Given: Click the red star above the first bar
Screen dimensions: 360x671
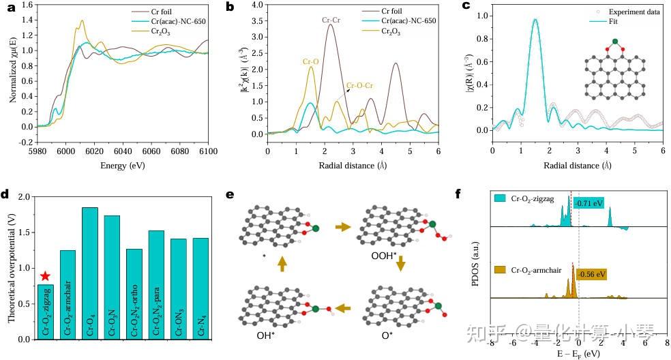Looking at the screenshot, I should (44, 275).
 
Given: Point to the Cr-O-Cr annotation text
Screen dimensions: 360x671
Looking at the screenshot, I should (360, 86).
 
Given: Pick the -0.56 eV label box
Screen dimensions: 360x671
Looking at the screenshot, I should (591, 274).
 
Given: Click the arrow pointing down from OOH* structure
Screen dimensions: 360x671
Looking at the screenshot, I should (401, 262).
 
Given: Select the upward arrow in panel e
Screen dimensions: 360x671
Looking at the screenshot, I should (282, 262).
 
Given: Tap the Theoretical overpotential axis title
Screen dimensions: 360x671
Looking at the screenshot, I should (10, 267).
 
